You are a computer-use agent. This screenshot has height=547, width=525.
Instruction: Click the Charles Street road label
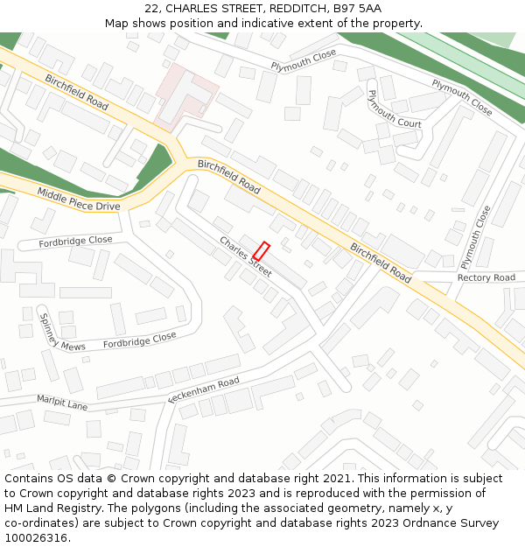(246, 256)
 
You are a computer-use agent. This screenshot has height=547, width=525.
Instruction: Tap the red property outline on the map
(261, 250)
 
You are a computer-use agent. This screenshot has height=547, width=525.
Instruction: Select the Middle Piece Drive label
(78, 199)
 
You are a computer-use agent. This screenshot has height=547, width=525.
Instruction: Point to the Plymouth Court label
(395, 109)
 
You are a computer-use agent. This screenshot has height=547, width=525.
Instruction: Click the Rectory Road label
(486, 277)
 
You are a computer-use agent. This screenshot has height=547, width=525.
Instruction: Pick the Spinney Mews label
(61, 333)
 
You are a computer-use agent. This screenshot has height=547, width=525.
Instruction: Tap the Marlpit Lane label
(62, 403)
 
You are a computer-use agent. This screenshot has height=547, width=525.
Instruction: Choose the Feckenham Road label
(203, 390)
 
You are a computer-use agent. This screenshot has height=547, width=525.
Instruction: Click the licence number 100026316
(36, 538)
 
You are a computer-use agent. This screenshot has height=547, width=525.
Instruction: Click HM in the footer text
(14, 508)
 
